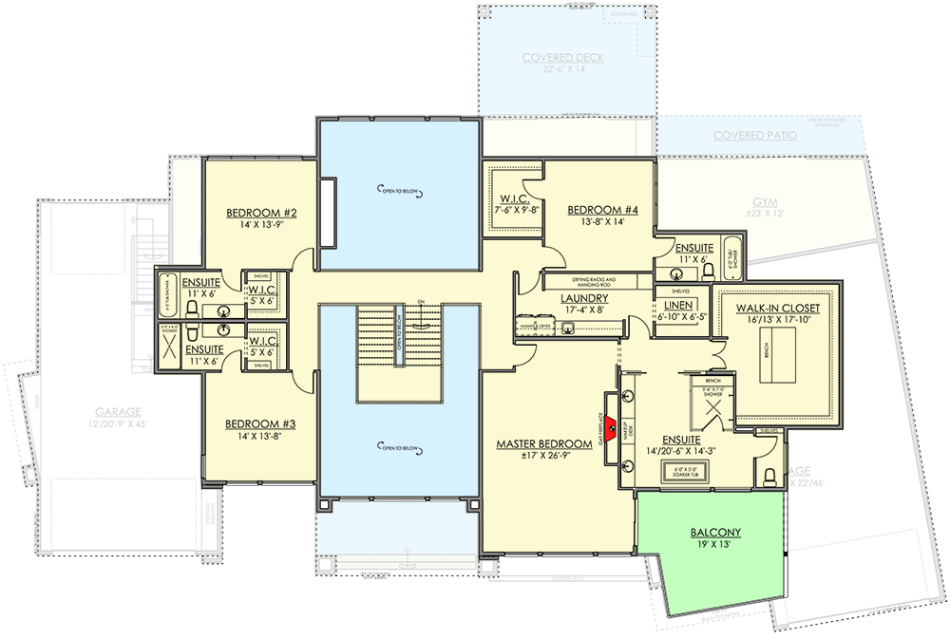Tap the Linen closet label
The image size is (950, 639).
[675, 305]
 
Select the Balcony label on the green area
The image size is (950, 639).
[716, 533]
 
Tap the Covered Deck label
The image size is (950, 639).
[563, 58]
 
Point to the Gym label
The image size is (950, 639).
[764, 202]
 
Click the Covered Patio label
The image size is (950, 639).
[755, 136]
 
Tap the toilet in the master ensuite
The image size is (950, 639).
[769, 470]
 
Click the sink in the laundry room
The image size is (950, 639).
[568, 328]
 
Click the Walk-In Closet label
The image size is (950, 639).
[778, 309]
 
